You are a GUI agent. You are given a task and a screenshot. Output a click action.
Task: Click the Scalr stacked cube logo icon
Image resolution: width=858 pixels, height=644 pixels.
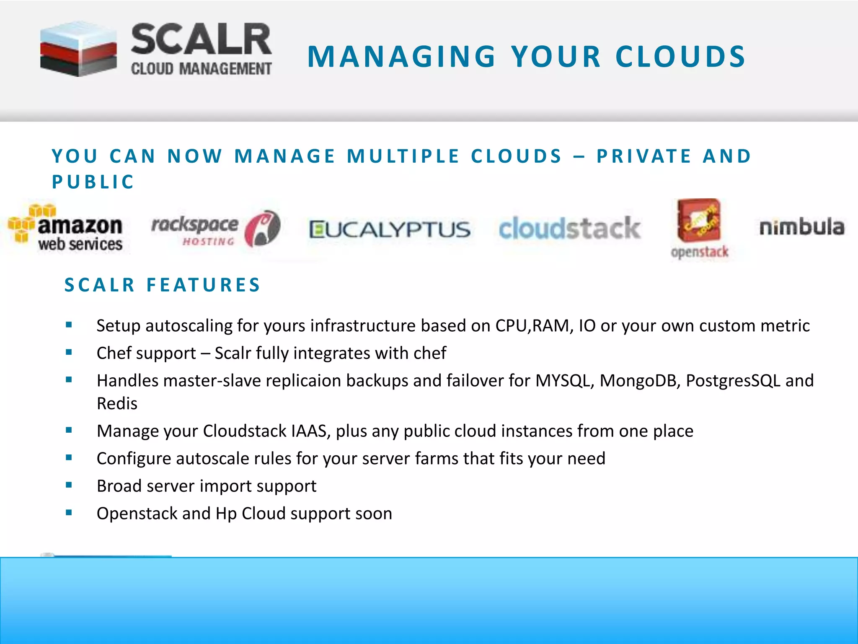(78, 49)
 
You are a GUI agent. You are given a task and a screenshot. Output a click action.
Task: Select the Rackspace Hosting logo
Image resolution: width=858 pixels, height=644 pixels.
(215, 229)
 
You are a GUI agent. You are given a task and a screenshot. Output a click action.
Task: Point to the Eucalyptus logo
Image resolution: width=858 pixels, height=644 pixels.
(390, 230)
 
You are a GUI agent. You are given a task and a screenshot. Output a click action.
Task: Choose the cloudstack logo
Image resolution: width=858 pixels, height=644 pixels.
(569, 229)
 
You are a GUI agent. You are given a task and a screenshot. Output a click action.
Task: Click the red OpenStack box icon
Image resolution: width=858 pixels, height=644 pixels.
(699, 221)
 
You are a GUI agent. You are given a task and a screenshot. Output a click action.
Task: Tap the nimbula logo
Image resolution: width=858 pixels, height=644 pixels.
(801, 227)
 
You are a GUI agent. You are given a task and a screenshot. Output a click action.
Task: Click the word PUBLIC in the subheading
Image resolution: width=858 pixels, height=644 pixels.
(93, 182)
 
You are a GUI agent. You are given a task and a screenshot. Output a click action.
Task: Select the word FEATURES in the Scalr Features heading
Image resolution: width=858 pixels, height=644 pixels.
(204, 285)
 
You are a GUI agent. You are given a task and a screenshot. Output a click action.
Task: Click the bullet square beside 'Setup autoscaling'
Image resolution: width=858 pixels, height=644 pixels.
(69, 325)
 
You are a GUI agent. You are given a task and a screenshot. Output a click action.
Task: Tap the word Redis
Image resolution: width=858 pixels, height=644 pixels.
(117, 403)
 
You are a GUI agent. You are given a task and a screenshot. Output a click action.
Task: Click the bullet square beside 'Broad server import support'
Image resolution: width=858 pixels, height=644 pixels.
(69, 485)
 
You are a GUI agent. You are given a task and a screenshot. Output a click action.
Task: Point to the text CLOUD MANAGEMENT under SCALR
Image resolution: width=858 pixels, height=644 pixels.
(202, 69)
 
